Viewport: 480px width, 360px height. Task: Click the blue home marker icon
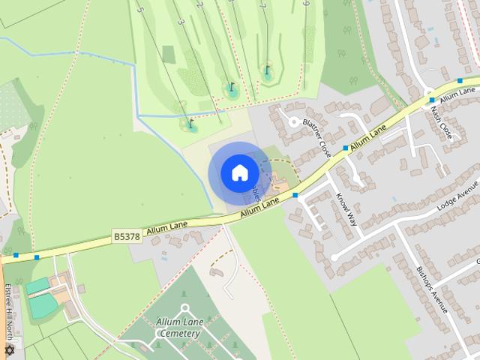click(239, 172)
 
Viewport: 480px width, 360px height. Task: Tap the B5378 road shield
click(127, 236)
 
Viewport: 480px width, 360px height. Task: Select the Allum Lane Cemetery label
click(178, 328)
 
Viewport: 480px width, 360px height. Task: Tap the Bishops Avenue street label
click(431, 289)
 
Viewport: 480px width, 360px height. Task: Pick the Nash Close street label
click(441, 124)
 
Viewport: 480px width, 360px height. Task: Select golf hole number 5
click(140, 8)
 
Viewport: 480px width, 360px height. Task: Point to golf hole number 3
click(181, 22)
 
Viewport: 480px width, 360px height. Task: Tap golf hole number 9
click(306, 4)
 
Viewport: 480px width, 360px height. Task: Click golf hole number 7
click(262, 5)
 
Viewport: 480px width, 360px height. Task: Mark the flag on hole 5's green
click(190, 122)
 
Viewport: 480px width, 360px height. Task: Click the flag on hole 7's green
click(266, 70)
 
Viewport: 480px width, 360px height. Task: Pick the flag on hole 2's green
click(231, 87)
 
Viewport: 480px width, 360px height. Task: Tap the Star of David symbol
click(10, 350)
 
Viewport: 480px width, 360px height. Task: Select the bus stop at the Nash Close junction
click(432, 99)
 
